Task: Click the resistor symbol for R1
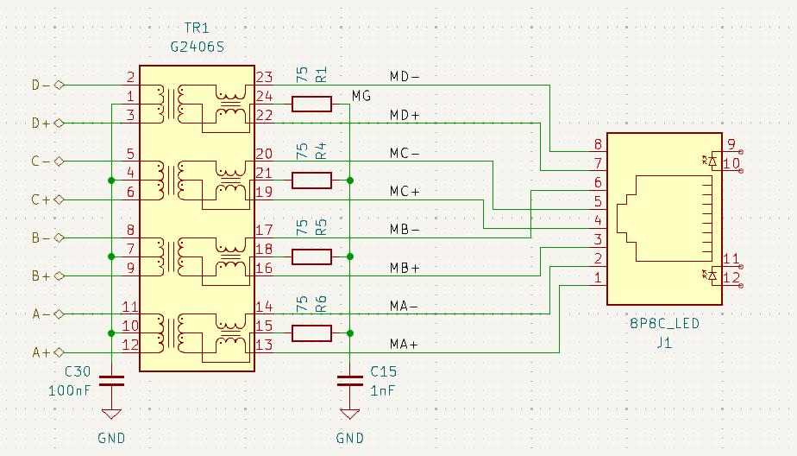311,104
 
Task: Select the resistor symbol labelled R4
311,180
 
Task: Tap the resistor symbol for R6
311,333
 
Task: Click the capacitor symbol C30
111,381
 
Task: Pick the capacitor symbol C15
349,381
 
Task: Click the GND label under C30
111,438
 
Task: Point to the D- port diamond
59,85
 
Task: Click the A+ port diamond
59,352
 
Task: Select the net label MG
361,96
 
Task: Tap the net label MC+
405,192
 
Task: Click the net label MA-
404,306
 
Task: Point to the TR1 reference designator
197,28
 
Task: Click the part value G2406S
197,47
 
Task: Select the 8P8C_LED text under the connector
664,324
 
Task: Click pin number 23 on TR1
264,77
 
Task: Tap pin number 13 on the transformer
264,345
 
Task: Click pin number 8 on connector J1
599,144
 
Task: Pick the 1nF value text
383,391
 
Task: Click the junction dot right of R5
349,256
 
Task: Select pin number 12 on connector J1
731,278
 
